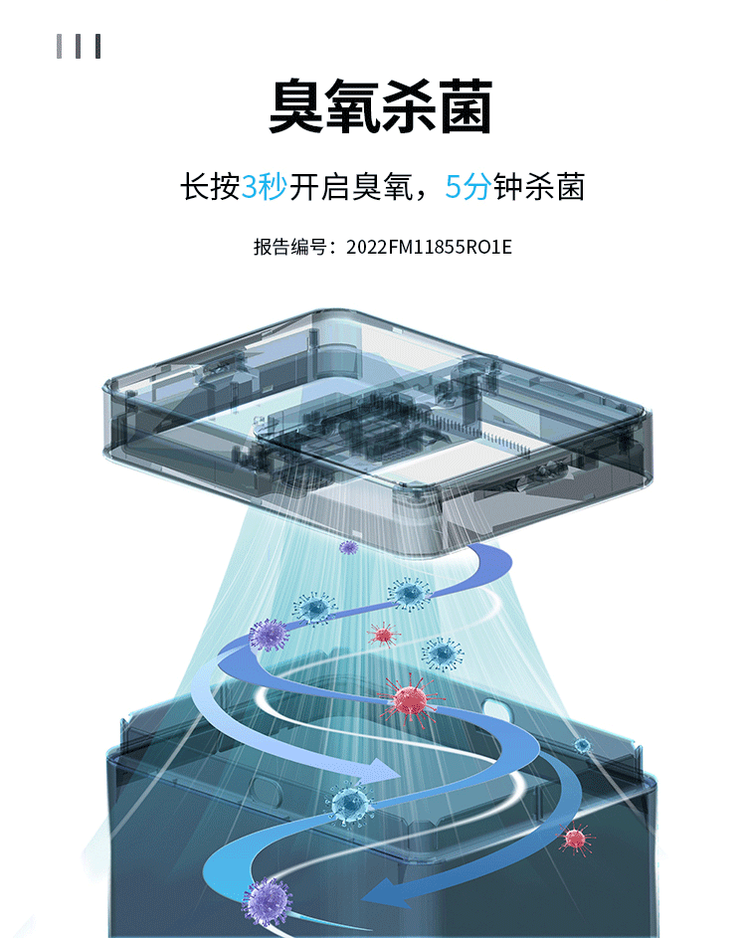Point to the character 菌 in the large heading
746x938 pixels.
click(x=464, y=107)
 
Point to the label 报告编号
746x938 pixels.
click(x=288, y=247)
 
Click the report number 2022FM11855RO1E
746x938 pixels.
click(x=429, y=247)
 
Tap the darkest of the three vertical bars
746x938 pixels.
click(x=97, y=46)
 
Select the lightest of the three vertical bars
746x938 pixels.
click(x=60, y=46)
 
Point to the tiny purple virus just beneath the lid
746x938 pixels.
click(x=348, y=546)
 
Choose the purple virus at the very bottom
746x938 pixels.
click(x=267, y=900)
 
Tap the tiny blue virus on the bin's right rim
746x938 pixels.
click(x=582, y=744)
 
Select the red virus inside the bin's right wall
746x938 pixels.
click(x=573, y=838)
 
